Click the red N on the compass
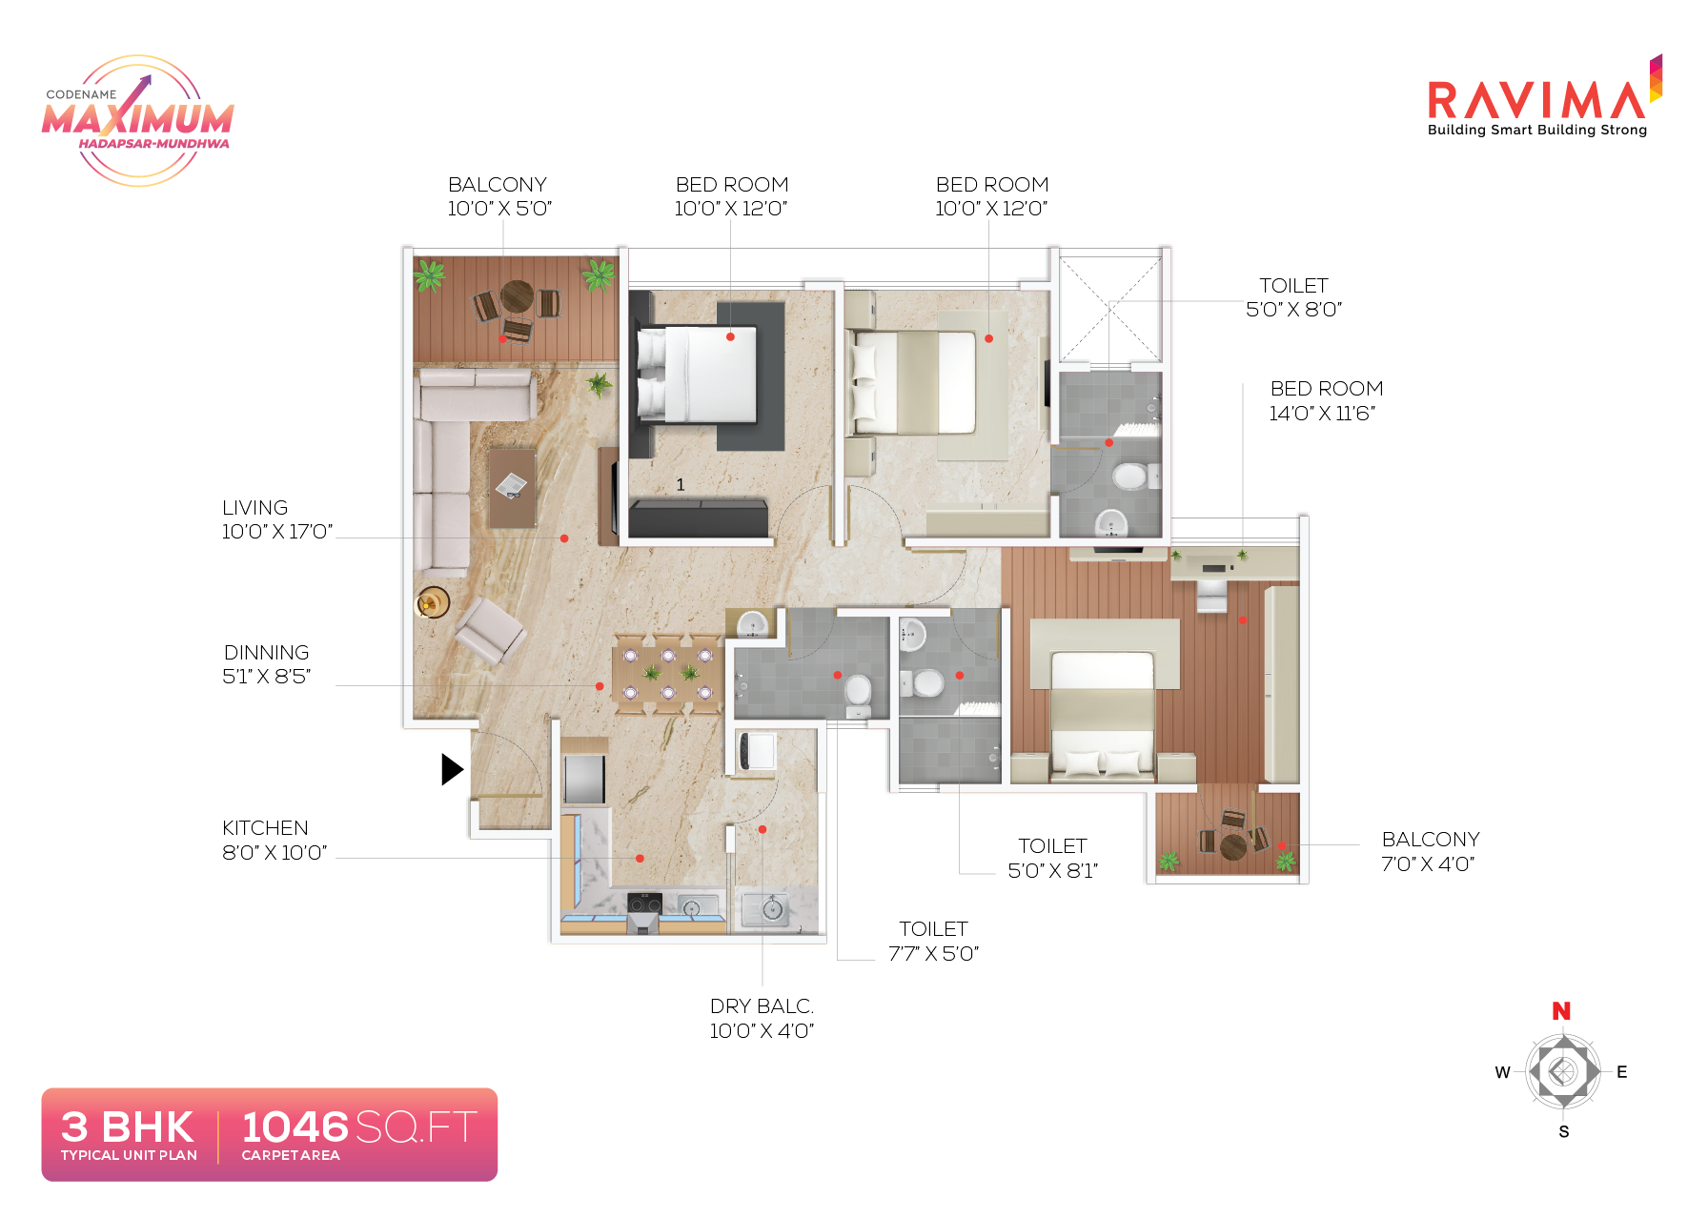1560,1011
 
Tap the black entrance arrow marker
452,769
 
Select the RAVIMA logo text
1536,100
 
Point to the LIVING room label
254,508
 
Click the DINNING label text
267,653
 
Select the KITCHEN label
265,828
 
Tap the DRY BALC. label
762,1006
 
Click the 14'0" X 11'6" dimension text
1322,414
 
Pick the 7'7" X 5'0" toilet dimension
933,954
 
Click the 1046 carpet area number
295,1127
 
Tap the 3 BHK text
128,1127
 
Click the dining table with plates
668,674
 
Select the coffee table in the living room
512,487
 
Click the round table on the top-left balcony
517,296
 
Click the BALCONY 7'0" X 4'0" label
1430,851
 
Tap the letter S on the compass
1563,1132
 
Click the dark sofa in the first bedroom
698,518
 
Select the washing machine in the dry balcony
757,751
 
